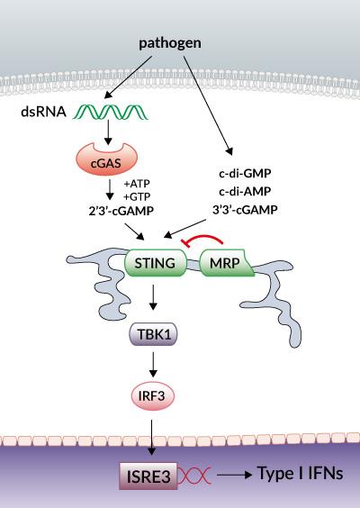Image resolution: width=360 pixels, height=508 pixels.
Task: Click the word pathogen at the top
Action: coord(169,42)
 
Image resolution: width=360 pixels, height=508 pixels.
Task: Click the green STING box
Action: coord(154,264)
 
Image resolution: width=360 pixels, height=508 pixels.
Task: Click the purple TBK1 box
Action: coord(155,334)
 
